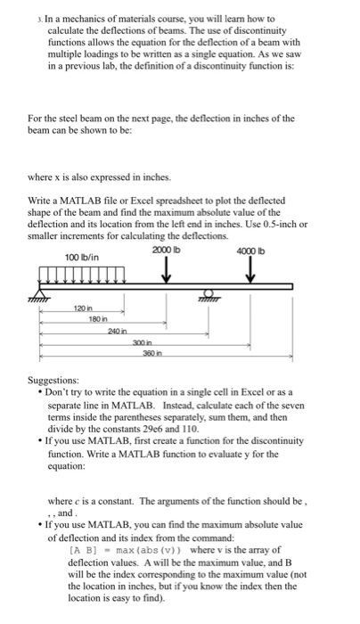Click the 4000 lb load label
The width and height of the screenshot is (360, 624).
click(250, 251)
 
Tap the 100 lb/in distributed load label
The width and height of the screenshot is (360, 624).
click(81, 259)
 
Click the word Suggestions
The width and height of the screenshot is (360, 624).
click(54, 378)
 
